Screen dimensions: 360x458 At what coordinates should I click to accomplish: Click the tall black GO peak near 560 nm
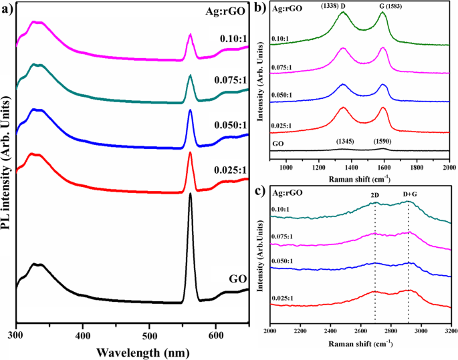point(191,195)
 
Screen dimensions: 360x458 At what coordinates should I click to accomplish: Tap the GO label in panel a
point(237,279)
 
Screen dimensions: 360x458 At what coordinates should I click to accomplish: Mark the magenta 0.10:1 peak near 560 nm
point(191,35)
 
